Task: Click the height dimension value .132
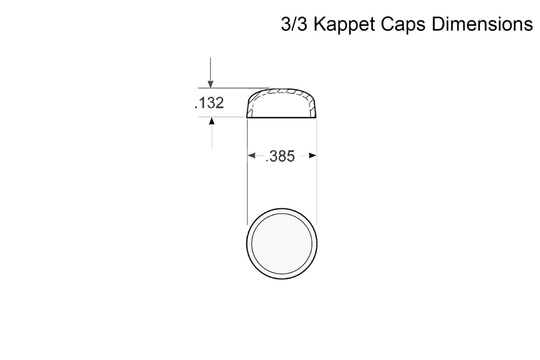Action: pos(209,103)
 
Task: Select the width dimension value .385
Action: pos(280,157)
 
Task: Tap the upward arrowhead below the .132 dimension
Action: pos(212,122)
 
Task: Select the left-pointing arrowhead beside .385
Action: pos(252,156)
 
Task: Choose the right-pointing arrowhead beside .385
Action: pos(312,156)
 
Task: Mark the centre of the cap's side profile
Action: pos(281,105)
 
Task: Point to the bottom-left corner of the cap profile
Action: pos(247,117)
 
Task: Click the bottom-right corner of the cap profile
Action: pos(316,117)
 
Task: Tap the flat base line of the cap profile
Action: pos(281,117)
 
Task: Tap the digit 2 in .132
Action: pos(218,103)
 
